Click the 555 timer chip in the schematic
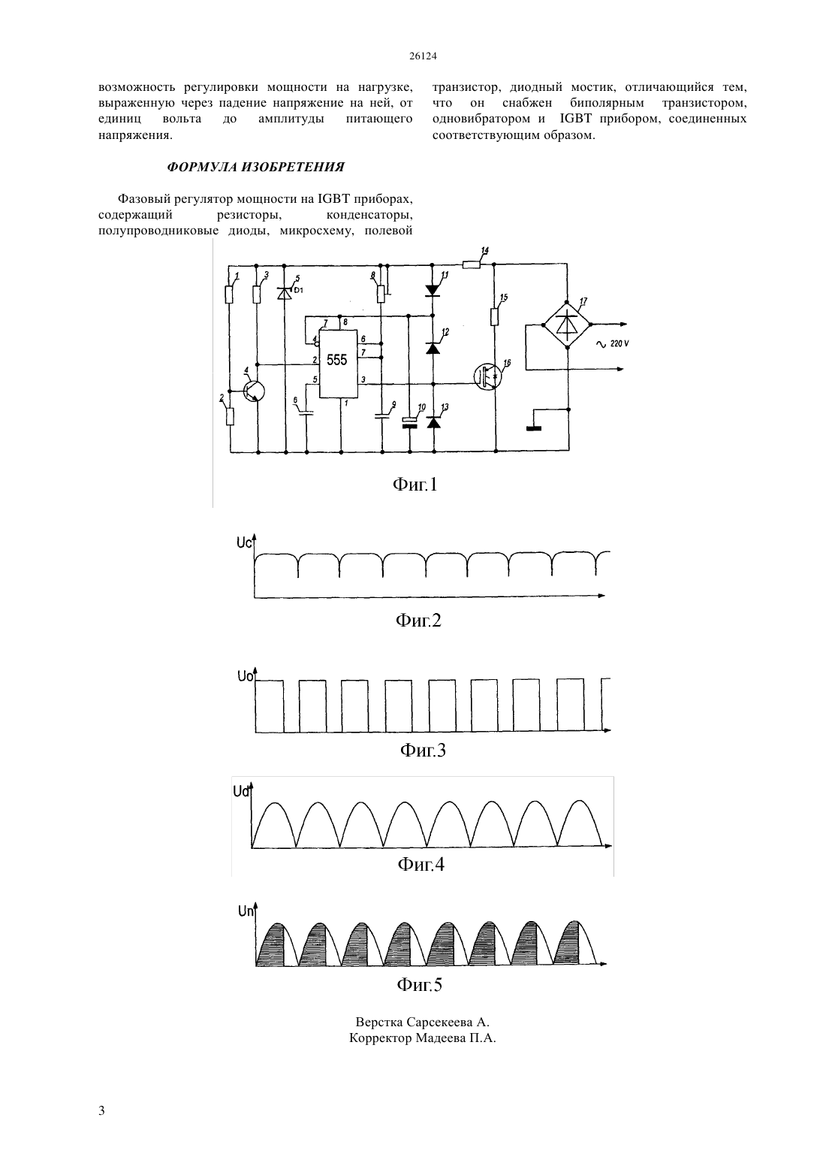click(x=338, y=363)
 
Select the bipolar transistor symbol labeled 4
click(x=254, y=391)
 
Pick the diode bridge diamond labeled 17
click(x=568, y=325)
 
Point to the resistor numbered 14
click(x=472, y=264)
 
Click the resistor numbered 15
click(x=494, y=317)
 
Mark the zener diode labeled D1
click(x=284, y=294)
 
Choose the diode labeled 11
click(x=433, y=291)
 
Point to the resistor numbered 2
click(x=230, y=416)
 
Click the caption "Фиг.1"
click(x=415, y=485)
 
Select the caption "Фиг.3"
click(x=423, y=751)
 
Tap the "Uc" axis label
click(x=244, y=542)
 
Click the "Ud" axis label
click(x=241, y=792)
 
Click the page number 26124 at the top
click(x=423, y=56)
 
